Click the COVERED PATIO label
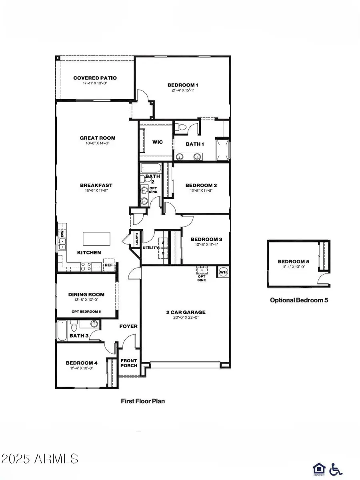click(x=95, y=78)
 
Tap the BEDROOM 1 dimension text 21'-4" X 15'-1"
click(x=183, y=90)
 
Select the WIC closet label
click(x=158, y=142)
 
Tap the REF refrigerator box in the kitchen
click(x=108, y=265)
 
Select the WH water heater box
click(x=223, y=272)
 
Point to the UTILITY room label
click(x=150, y=248)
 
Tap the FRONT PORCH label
click(x=129, y=363)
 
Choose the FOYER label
click(x=128, y=326)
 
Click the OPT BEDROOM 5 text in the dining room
click(x=86, y=312)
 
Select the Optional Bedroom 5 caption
click(x=299, y=300)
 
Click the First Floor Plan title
click(x=143, y=400)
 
